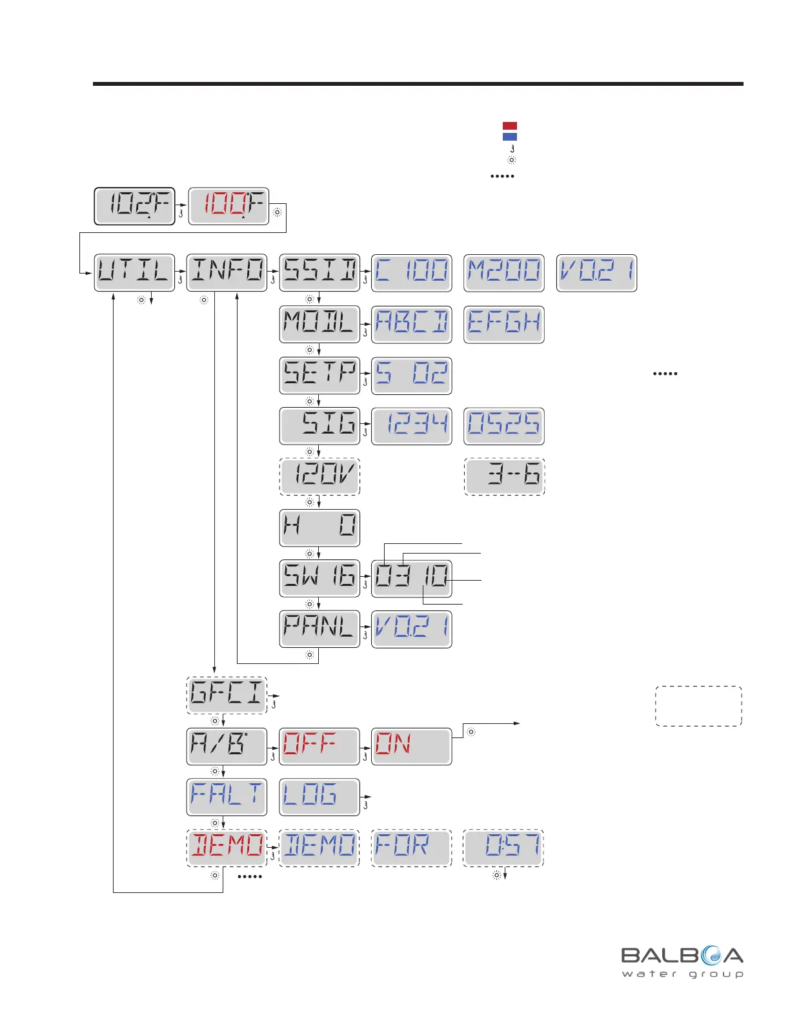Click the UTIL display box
tap(134, 272)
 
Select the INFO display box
tap(227, 272)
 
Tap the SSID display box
tap(319, 272)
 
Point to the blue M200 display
tap(504, 272)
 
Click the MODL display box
tap(319, 324)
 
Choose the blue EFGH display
tap(504, 324)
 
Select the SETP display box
tap(319, 375)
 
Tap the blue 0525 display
tap(504, 426)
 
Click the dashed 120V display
tap(319, 477)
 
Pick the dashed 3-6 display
tap(505, 477)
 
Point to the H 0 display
tap(319, 528)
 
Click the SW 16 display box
tap(319, 578)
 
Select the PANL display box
tap(319, 629)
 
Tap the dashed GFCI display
tap(227, 695)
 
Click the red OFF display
tap(319, 746)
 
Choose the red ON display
tap(412, 746)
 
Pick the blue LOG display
tap(319, 797)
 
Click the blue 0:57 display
tap(503, 848)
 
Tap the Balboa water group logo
tap(682, 962)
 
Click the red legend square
tap(510, 126)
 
